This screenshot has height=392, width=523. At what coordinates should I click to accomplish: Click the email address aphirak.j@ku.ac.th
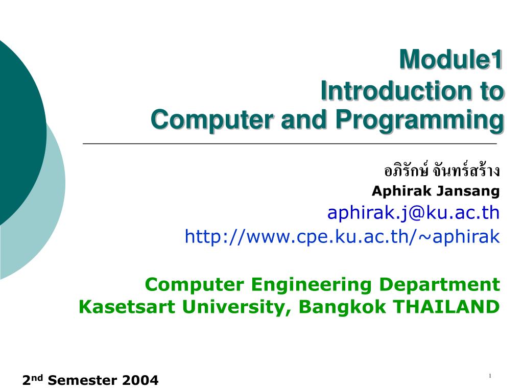coord(414,213)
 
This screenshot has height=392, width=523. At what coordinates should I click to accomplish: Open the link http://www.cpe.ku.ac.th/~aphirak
coord(342,237)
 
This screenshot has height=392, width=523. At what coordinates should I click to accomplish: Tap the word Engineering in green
coord(311,285)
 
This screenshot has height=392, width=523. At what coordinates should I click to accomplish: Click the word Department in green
coord(440,285)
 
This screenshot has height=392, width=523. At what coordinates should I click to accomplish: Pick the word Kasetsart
coord(127,307)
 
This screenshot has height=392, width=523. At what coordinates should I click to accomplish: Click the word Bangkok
coord(342,307)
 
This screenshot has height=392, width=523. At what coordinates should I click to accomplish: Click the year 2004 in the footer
coord(140,380)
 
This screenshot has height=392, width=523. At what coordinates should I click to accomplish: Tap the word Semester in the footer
coord(82,380)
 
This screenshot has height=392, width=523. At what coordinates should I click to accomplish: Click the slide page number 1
coord(490,376)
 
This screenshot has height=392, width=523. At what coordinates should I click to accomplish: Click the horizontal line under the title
coord(290,143)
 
